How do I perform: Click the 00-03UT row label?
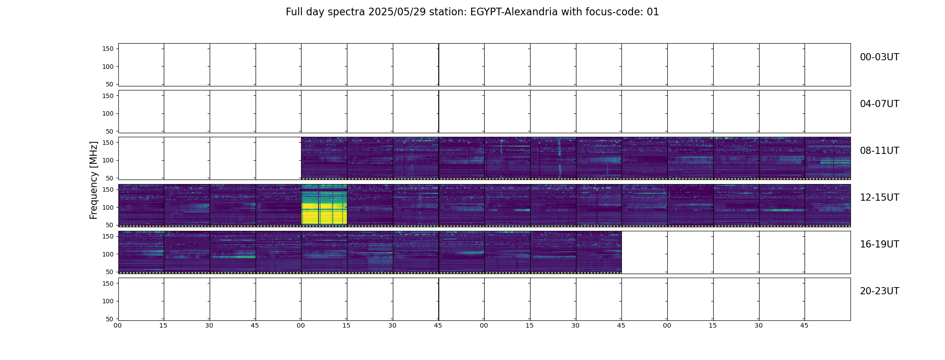pyautogui.click(x=879, y=57)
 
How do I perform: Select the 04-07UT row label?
pyautogui.click(x=879, y=104)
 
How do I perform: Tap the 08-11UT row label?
pyautogui.click(x=879, y=151)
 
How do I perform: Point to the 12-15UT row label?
pyautogui.click(x=879, y=198)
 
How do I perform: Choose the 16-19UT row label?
pyautogui.click(x=879, y=244)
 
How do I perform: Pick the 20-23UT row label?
pyautogui.click(x=879, y=291)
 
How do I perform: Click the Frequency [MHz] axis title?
pyautogui.click(x=94, y=180)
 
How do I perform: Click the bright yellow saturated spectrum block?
pyautogui.click(x=324, y=204)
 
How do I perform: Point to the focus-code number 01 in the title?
pyautogui.click(x=653, y=12)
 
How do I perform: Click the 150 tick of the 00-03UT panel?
pyautogui.click(x=108, y=49)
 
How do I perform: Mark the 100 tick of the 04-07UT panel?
pyautogui.click(x=108, y=113)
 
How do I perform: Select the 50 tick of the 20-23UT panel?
pyautogui.click(x=110, y=319)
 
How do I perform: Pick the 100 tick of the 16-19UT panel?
pyautogui.click(x=108, y=254)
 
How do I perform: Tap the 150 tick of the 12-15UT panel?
pyautogui.click(x=108, y=189)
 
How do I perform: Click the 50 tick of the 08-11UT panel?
pyautogui.click(x=110, y=178)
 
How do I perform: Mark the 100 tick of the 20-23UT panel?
pyautogui.click(x=108, y=301)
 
